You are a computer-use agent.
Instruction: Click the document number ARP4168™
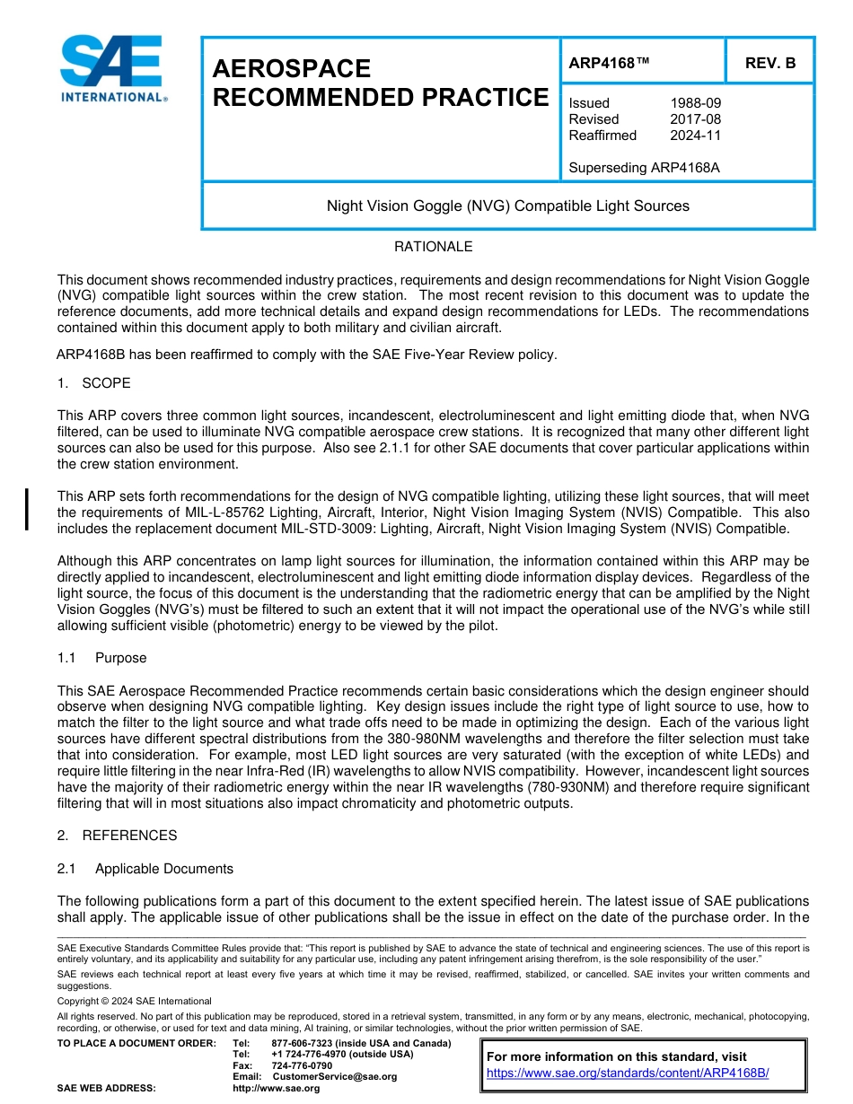pyautogui.click(x=609, y=63)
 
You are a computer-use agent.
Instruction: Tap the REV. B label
pyautogui.click(x=769, y=63)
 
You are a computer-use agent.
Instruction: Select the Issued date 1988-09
pyautogui.click(x=695, y=103)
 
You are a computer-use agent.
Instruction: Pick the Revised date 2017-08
pyautogui.click(x=695, y=119)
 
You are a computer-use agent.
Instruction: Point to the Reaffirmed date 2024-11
pyautogui.click(x=695, y=136)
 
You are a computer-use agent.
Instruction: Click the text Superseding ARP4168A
pyautogui.click(x=644, y=168)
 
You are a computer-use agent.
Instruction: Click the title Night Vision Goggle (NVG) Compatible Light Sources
pyautogui.click(x=507, y=206)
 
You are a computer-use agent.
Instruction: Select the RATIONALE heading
pyautogui.click(x=433, y=247)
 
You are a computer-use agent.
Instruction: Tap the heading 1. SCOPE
pyautogui.click(x=93, y=383)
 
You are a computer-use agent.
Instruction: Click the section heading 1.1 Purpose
pyautogui.click(x=101, y=658)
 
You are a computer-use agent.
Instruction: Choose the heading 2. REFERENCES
pyautogui.click(x=117, y=836)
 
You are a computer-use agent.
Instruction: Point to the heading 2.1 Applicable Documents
pyautogui.click(x=145, y=869)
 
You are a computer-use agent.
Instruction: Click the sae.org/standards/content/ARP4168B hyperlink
pyautogui.click(x=628, y=1073)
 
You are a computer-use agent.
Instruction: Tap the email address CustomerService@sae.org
pyautogui.click(x=334, y=1076)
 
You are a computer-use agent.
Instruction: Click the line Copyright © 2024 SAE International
pyautogui.click(x=135, y=1001)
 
